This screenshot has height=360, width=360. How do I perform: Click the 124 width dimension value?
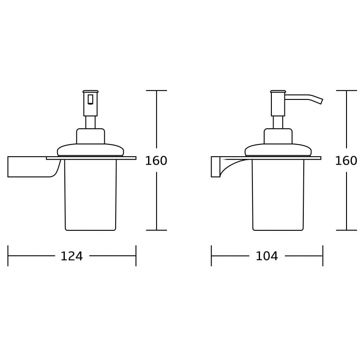72,256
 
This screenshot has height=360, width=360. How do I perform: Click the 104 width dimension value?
267,256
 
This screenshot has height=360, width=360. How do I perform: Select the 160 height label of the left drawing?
156,161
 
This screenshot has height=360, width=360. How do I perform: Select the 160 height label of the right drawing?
346,161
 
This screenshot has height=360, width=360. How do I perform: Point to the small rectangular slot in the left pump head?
90,99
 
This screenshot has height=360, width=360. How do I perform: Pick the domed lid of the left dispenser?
90,149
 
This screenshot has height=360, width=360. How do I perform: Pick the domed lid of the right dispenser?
278,149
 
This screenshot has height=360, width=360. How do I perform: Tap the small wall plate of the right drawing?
216,166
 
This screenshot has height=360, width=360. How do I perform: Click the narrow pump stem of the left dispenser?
90,122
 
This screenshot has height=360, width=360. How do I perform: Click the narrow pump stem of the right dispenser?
278,122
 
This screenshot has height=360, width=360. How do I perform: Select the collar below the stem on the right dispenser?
278,136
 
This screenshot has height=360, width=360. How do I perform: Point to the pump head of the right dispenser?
278,104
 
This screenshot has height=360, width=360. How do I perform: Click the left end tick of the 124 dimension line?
8,256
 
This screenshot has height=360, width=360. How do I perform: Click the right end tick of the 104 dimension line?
323,256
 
